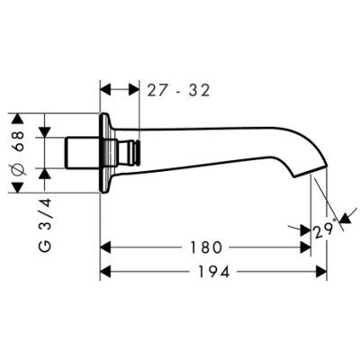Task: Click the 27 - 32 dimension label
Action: click(178, 90)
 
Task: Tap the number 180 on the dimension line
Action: click(206, 247)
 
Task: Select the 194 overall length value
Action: click(214, 272)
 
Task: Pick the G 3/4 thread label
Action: click(45, 225)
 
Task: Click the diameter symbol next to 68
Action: click(19, 169)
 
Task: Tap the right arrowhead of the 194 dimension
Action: click(321, 272)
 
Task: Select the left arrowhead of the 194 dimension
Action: click(105, 272)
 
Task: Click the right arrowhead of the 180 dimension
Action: click(305, 247)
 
